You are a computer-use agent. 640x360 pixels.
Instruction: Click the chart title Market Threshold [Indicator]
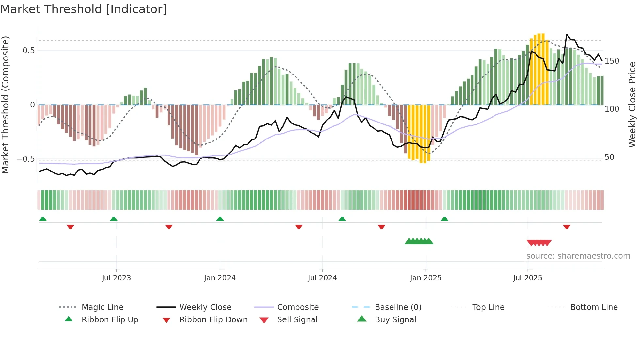coord(84,9)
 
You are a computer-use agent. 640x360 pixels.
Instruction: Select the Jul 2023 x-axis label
coord(116,278)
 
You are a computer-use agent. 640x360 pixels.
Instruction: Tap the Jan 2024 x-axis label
coord(220,278)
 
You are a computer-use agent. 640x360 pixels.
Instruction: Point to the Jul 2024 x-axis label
coord(322,278)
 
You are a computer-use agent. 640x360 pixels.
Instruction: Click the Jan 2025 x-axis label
coord(426,278)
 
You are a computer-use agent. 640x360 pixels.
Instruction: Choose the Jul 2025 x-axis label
coord(528,278)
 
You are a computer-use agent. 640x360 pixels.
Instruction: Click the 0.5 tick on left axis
coord(28,51)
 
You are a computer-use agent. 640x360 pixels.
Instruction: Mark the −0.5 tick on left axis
coord(26,159)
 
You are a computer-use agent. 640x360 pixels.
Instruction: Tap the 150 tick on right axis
coord(612,61)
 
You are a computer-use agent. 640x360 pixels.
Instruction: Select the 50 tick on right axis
coord(609,157)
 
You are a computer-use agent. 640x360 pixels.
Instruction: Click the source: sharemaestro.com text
coord(578,256)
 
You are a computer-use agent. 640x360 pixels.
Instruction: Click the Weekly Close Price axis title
coord(632,105)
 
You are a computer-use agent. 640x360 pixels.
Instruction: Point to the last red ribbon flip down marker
coord(567,227)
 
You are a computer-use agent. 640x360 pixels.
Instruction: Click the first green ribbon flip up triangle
coord(43,219)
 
